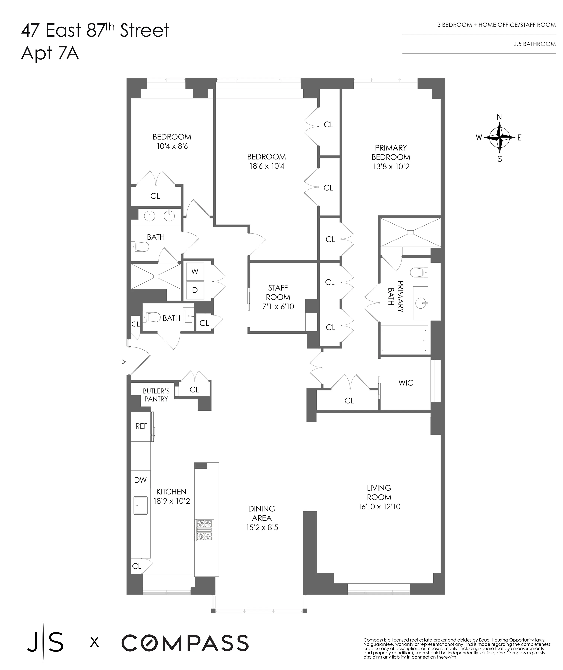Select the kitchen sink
tap(140, 505)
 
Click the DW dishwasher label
tap(140, 480)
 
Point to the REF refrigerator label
tap(141, 426)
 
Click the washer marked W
tap(195, 272)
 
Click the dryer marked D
tap(195, 290)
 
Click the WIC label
tap(406, 383)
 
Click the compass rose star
tap(500, 138)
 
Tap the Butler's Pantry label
tap(156, 395)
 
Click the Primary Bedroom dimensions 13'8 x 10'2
tap(391, 166)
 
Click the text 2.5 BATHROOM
tap(534, 44)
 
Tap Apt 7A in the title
tap(50, 53)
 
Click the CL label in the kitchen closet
tap(137, 566)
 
